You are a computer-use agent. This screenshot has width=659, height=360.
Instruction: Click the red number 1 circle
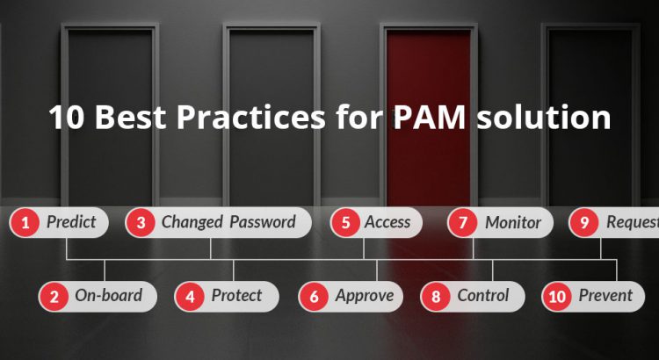[25, 222]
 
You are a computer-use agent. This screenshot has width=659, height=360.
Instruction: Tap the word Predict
[70, 222]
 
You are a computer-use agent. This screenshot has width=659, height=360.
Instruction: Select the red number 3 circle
[141, 222]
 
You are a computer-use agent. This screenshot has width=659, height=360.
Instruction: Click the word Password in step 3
[263, 222]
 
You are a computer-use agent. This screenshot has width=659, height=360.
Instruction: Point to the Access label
[387, 222]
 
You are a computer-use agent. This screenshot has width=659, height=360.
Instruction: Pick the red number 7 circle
[462, 222]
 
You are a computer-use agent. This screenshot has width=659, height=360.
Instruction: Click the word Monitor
[513, 222]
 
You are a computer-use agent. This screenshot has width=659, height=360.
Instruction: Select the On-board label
[108, 296]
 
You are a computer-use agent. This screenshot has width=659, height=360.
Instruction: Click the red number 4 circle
[190, 296]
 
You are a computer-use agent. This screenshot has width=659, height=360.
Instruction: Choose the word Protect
[236, 296]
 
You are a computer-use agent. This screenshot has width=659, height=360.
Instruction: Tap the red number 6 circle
[314, 296]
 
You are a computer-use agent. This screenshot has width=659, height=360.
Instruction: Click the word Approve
[365, 296]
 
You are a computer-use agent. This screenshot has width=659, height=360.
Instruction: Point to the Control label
[483, 296]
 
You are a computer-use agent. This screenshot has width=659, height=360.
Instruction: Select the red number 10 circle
[556, 296]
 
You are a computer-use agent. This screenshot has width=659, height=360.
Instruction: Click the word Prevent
[605, 296]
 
